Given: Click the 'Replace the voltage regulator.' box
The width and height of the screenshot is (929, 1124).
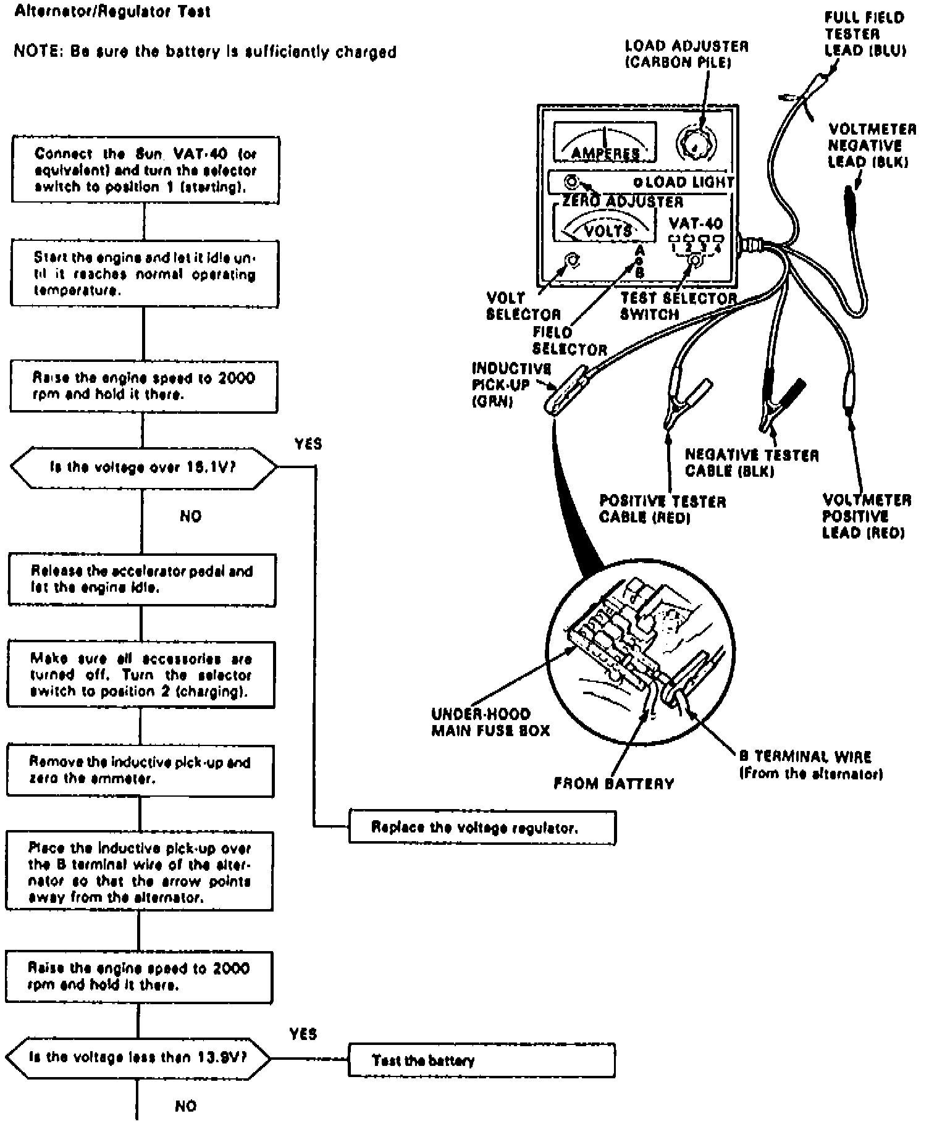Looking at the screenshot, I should click(x=482, y=827).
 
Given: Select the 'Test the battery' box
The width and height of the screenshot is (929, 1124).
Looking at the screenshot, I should click(x=482, y=1061).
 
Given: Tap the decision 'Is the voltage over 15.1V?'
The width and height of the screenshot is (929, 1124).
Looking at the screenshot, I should click(x=143, y=467).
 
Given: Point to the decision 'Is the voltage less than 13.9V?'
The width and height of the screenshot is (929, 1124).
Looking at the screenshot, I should click(x=138, y=1057).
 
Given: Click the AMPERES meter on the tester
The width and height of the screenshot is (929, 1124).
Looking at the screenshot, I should click(x=605, y=143).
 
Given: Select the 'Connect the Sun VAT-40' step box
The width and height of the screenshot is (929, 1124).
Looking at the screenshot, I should click(x=145, y=170).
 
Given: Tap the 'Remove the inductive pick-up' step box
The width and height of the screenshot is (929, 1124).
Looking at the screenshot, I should click(x=140, y=770).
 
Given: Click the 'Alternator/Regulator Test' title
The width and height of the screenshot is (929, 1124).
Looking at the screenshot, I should click(x=112, y=12).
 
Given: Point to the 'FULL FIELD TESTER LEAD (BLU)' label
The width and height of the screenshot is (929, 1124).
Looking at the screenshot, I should click(x=865, y=34).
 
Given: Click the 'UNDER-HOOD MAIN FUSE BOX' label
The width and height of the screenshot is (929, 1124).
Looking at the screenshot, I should click(x=490, y=722).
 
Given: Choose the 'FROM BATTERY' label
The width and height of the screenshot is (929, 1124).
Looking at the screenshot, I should click(x=613, y=784).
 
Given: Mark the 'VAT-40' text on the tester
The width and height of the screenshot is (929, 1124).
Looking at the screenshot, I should click(x=696, y=223).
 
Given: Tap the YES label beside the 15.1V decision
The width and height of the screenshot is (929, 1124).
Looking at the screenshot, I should click(x=308, y=444).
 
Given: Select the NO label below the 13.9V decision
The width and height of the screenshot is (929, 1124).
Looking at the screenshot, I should click(x=185, y=1105).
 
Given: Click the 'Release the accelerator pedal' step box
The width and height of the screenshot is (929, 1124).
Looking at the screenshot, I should click(x=142, y=579).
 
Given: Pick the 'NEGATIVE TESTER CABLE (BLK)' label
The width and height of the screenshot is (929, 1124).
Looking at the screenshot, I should click(x=751, y=463).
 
